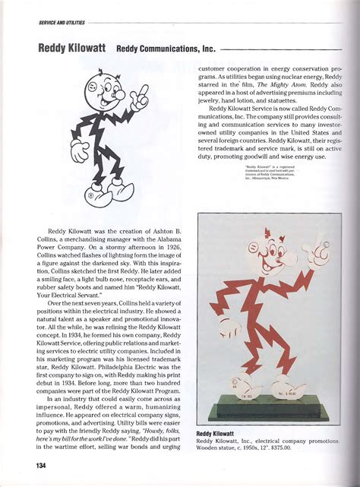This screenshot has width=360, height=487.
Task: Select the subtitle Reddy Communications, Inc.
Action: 166,49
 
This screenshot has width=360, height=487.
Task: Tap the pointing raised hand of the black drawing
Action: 141,96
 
